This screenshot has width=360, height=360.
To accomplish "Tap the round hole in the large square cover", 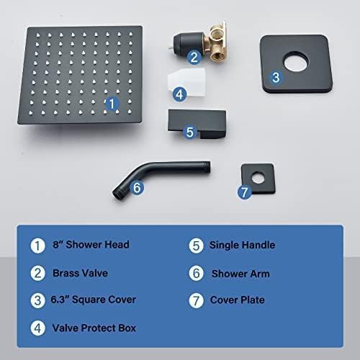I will coord(296,64).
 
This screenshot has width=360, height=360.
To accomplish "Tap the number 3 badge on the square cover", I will coord(275,77).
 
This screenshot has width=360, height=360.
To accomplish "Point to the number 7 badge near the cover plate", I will coord(243,192).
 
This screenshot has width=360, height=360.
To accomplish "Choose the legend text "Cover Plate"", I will coord(238,300).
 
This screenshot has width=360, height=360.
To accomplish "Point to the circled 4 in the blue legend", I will coord(36,328).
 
